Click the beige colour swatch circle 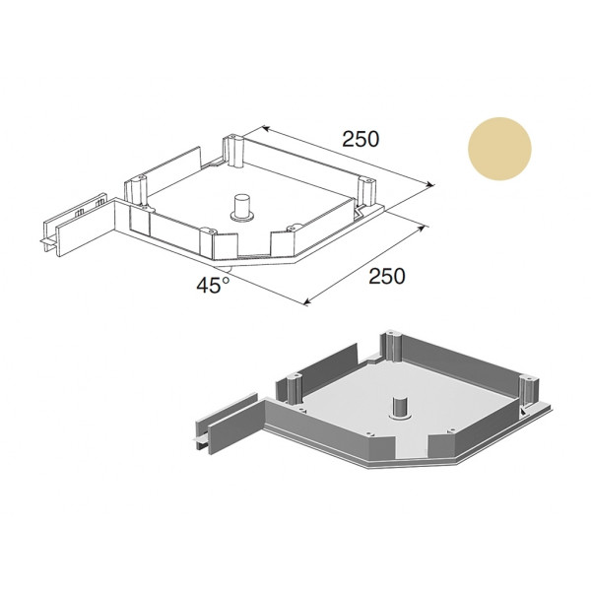tap(499, 149)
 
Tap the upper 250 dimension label tap(361, 139)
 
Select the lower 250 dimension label tap(387, 276)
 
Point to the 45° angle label tap(213, 285)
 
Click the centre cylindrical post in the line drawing tap(241, 207)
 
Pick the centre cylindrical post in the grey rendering tap(399, 408)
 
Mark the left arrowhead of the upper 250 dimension tap(265, 128)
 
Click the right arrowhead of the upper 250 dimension tap(429, 184)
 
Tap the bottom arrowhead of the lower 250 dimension tap(307, 301)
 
